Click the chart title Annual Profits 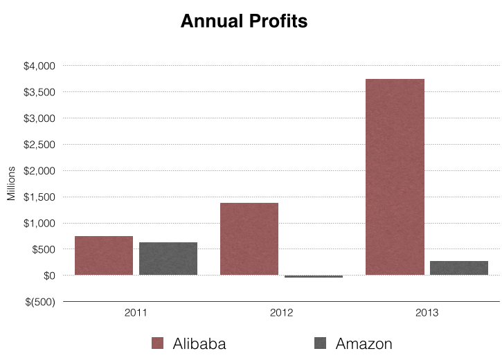click(x=244, y=21)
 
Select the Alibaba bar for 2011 click(x=104, y=255)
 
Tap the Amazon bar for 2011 click(x=168, y=259)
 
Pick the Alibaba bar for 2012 click(x=249, y=239)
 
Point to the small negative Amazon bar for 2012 click(x=314, y=276)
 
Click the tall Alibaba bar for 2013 click(x=395, y=177)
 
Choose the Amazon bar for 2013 click(x=459, y=268)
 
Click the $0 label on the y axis click(x=49, y=276)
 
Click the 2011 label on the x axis click(x=136, y=313)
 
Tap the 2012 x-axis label click(x=281, y=313)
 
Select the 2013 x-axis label click(x=427, y=313)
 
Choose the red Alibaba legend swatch click(x=157, y=343)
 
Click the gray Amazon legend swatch click(x=320, y=343)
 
